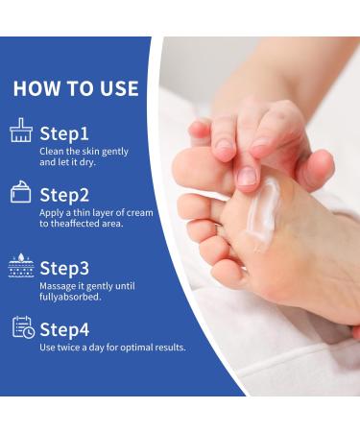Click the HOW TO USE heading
[76, 89]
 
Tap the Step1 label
[64, 133]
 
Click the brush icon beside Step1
[21, 132]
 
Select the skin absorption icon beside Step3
[21, 266]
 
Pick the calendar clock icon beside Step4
[22, 327]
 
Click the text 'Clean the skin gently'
[84, 152]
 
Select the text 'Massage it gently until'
[86, 286]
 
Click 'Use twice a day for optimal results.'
[112, 348]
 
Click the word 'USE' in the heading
[117, 89]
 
